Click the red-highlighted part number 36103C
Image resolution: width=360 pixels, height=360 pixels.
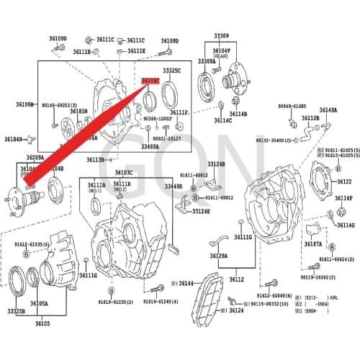pyautogui.click(x=150, y=80)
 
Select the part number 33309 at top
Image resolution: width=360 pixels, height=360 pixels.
pyautogui.click(x=221, y=35)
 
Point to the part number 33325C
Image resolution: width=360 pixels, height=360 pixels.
pyautogui.click(x=171, y=71)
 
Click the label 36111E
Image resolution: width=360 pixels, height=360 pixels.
pyautogui.click(x=136, y=51)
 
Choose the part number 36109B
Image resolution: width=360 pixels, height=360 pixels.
pyautogui.click(x=25, y=104)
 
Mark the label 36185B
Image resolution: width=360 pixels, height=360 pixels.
pyautogui.click(x=78, y=112)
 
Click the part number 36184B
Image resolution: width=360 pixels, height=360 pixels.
pyautogui.click(x=14, y=139)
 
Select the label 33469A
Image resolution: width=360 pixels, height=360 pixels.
pyautogui.click(x=150, y=147)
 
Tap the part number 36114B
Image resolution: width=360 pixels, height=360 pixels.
pyautogui.click(x=238, y=114)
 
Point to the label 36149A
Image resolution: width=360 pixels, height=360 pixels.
pyautogui.click(x=328, y=110)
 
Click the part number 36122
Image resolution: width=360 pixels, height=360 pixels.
pyautogui.click(x=344, y=182)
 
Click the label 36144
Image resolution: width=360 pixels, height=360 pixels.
pyautogui.click(x=187, y=284)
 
